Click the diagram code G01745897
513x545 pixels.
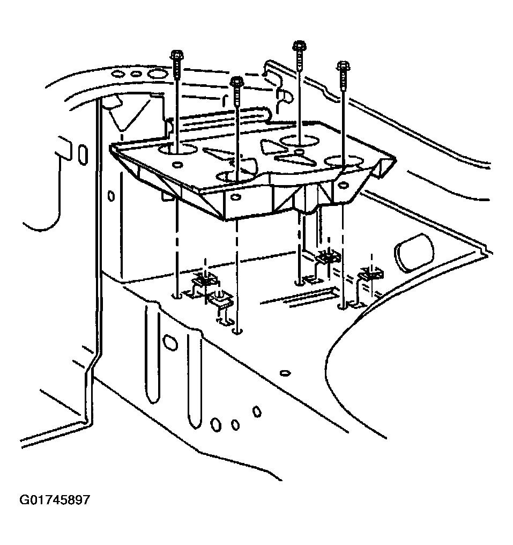pos(55,500)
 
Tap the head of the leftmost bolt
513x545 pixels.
pos(176,55)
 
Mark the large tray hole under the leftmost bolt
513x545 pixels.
pos(177,148)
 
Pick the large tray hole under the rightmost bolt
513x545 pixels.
pos(343,161)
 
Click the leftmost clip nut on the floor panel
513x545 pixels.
pos(205,280)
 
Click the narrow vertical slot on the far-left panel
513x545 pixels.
pos(82,153)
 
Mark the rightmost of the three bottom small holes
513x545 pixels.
pos(257,411)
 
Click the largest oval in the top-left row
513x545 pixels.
pos(157,73)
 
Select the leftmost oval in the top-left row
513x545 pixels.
pos(120,73)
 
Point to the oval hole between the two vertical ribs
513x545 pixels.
pos(170,341)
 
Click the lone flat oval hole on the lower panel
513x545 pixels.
pos(285,372)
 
